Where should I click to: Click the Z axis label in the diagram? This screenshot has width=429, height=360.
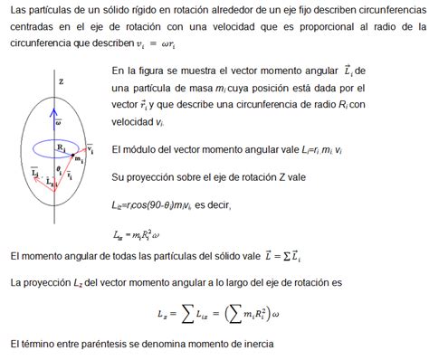(60, 81)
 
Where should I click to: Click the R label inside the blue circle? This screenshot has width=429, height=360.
(60, 144)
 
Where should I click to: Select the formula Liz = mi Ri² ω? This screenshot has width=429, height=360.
(143, 235)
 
